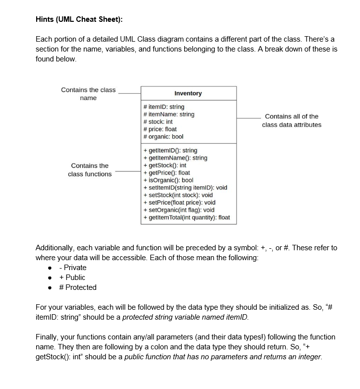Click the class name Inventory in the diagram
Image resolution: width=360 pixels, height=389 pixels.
[188, 93]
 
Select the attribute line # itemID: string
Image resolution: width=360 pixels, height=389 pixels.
[163, 107]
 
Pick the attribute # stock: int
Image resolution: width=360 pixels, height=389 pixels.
[157, 121]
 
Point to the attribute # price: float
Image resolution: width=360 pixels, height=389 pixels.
[159, 129]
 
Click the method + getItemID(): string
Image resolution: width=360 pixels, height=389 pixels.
[170, 150]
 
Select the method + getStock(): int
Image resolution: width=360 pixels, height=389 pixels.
[164, 165]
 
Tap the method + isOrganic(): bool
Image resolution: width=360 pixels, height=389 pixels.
[168, 180]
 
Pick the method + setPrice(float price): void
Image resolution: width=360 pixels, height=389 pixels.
[179, 202]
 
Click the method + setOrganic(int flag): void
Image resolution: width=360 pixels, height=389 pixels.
[178, 210]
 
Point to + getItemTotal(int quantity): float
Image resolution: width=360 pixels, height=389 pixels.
[186, 217]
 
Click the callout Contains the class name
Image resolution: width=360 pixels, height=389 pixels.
[88, 94]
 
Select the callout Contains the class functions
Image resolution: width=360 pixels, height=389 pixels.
[90, 169]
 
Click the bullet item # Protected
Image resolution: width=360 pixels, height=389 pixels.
[78, 287]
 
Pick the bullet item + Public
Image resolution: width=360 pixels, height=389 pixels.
[72, 278]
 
